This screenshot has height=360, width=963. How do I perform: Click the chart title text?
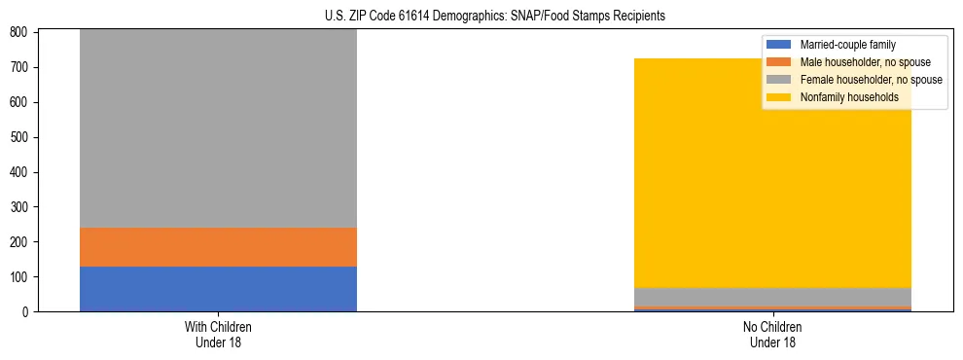[x=481, y=17]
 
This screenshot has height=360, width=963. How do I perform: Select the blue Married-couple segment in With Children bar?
[x=218, y=289]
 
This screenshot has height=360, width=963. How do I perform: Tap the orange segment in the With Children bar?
[x=218, y=247]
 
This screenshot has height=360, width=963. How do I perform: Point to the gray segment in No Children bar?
[x=773, y=297]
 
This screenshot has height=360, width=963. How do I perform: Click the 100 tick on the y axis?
[x=22, y=277]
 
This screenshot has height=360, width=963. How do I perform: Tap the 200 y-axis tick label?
[x=22, y=242]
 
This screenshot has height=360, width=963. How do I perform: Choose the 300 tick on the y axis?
[x=22, y=207]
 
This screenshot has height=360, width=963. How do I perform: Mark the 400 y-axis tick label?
[x=22, y=172]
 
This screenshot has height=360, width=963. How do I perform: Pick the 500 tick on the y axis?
[x=22, y=137]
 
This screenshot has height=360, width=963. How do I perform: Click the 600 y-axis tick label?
[x=22, y=102]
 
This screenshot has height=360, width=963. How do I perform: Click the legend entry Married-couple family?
[x=847, y=45]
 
